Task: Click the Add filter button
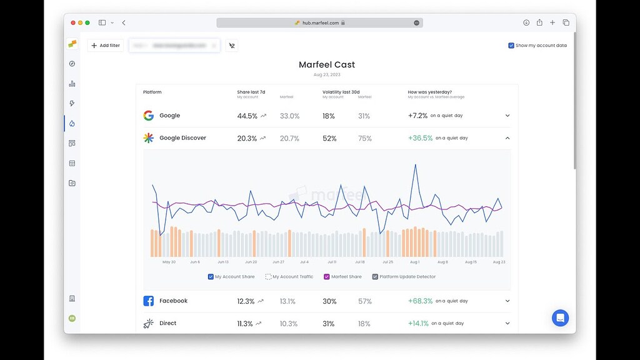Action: coord(106,46)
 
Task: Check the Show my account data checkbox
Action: coord(511,46)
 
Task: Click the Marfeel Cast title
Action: coord(327,65)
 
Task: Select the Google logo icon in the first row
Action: coord(148,116)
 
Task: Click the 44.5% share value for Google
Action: coord(247,116)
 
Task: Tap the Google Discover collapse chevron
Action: coord(507,138)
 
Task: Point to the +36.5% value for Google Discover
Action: coord(420,138)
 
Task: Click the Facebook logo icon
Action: coord(148,301)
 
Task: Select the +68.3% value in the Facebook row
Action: coord(420,301)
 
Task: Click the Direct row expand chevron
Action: coord(507,323)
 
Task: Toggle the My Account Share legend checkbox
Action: coord(211,277)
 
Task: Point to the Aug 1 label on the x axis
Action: coord(414,262)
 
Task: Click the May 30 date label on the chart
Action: coord(169,262)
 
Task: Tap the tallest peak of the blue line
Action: coord(414,166)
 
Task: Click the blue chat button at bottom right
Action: coord(560,317)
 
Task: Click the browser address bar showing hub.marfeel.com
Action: coord(319,22)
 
